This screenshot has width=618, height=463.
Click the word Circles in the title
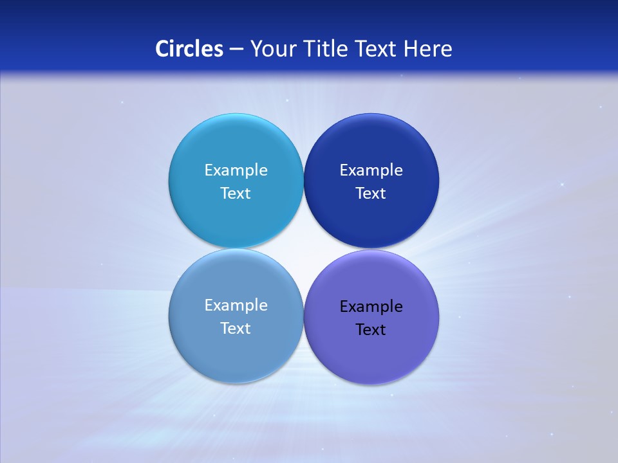[189, 49]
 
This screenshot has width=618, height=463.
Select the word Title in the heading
[325, 49]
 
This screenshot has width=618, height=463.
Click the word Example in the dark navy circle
[371, 170]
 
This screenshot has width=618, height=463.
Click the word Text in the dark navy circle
[371, 194]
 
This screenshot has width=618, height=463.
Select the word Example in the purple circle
[371, 307]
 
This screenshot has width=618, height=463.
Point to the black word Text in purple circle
[371, 330]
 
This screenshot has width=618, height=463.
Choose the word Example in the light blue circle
[236, 170]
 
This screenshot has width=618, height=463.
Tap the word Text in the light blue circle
[236, 194]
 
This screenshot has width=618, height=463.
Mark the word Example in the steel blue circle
[236, 305]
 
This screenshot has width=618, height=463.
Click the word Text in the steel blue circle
[236, 329]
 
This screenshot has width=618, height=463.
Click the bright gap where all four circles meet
[303, 249]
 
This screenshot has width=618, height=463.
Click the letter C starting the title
[162, 49]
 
